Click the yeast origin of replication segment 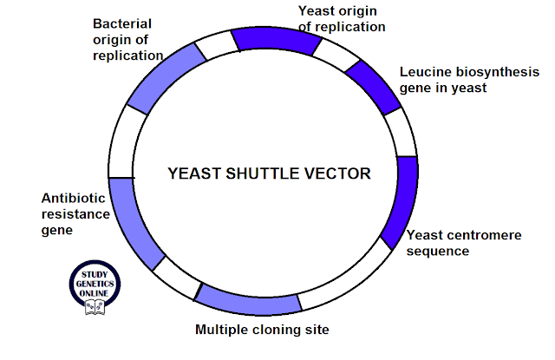tap(276, 40)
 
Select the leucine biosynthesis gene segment tap(374, 88)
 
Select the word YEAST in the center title tap(194, 173)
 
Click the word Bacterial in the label tap(122, 23)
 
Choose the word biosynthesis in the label tap(497, 73)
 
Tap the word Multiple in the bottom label tap(222, 330)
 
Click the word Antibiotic tap(73, 199)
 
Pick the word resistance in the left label tap(75, 214)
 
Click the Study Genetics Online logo tap(95, 287)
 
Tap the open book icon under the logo tap(95, 307)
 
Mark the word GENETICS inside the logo tap(95, 284)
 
